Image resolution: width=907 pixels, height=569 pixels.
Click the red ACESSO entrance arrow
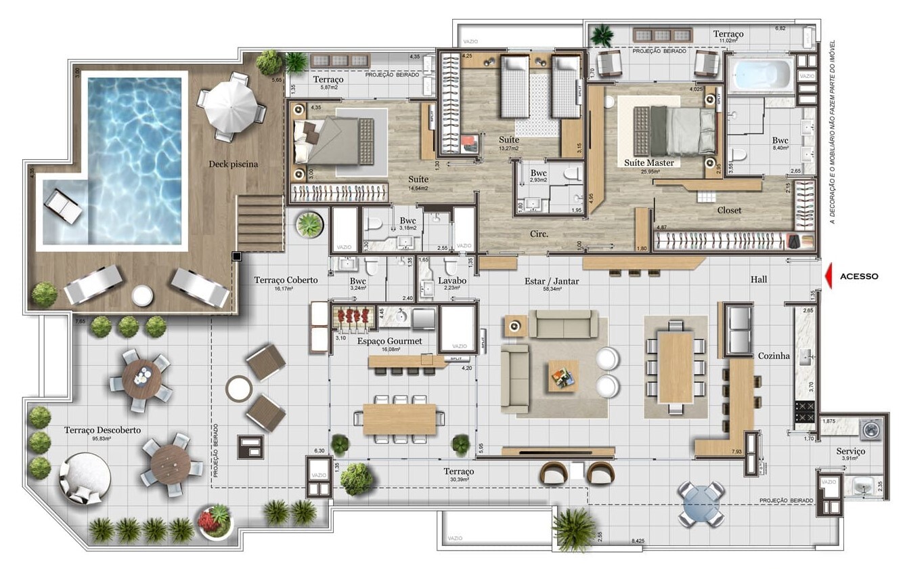(x=828, y=276)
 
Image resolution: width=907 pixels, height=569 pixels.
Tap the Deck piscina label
(x=234, y=163)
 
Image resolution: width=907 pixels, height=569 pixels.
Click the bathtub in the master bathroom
(x=762, y=74)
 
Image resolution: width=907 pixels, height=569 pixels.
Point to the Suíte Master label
(x=652, y=163)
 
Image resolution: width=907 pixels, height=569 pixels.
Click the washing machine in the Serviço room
(x=868, y=429)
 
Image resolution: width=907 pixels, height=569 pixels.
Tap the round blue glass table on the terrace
(x=701, y=504)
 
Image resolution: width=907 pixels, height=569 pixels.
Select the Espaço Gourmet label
(x=389, y=341)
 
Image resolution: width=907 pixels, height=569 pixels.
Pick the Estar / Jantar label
(x=552, y=280)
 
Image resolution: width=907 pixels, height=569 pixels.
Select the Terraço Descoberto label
(x=102, y=430)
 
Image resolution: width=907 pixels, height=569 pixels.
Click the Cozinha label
(x=774, y=356)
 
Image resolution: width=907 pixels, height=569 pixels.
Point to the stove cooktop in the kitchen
(x=805, y=413)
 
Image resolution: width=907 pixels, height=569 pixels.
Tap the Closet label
(x=729, y=210)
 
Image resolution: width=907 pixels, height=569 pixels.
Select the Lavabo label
(x=451, y=280)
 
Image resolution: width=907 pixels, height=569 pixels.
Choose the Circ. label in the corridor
(x=539, y=234)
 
